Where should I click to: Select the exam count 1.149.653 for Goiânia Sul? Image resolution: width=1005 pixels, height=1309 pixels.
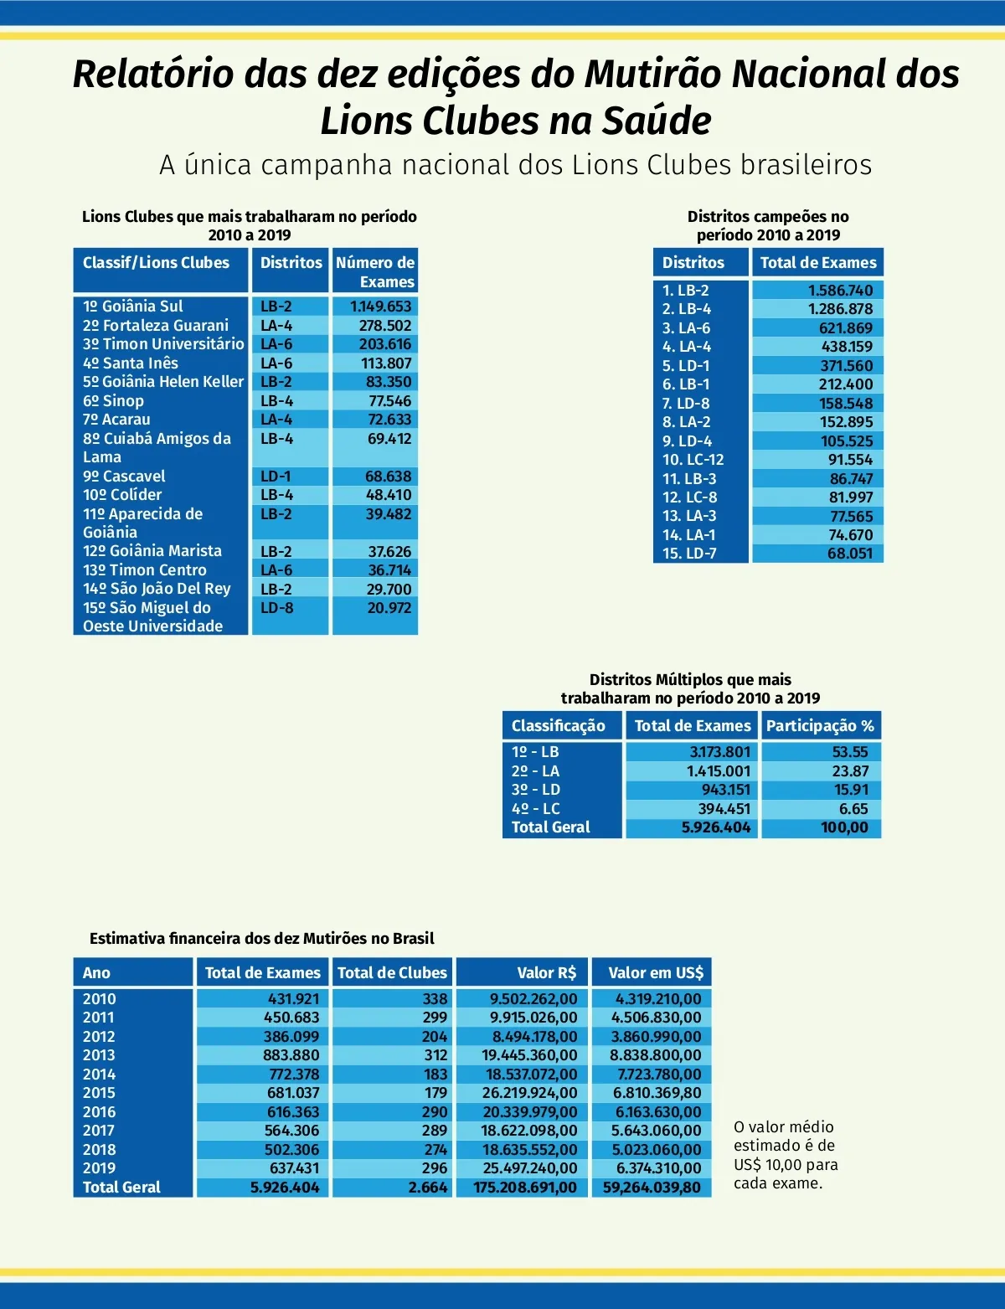(381, 307)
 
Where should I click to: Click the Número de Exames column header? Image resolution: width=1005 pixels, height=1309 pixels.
(375, 272)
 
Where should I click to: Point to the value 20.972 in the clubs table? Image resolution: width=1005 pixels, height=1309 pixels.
(389, 608)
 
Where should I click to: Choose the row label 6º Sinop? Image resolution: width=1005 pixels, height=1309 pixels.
(113, 401)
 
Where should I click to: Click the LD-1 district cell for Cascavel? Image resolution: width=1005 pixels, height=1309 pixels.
(276, 477)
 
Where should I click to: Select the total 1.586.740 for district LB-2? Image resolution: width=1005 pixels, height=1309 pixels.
(840, 291)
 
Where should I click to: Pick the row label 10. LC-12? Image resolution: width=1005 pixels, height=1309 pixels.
(693, 460)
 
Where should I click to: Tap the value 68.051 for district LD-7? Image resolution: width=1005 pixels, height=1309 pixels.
(850, 554)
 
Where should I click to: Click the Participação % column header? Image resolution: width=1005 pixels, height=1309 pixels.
(820, 726)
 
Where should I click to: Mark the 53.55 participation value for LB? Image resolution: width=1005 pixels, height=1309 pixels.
(851, 752)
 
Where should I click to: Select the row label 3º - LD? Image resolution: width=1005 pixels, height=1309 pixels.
(536, 790)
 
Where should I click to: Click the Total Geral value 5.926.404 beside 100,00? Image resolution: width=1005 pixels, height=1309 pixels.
(716, 827)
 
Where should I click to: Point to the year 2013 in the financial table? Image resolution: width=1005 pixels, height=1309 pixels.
(99, 1055)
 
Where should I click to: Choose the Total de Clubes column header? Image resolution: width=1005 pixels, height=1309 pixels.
(392, 973)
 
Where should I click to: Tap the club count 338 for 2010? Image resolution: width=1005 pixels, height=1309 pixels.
(435, 999)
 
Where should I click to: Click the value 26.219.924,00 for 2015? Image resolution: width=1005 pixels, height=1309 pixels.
(529, 1093)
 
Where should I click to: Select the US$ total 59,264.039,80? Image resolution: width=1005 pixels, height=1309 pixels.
(652, 1188)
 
